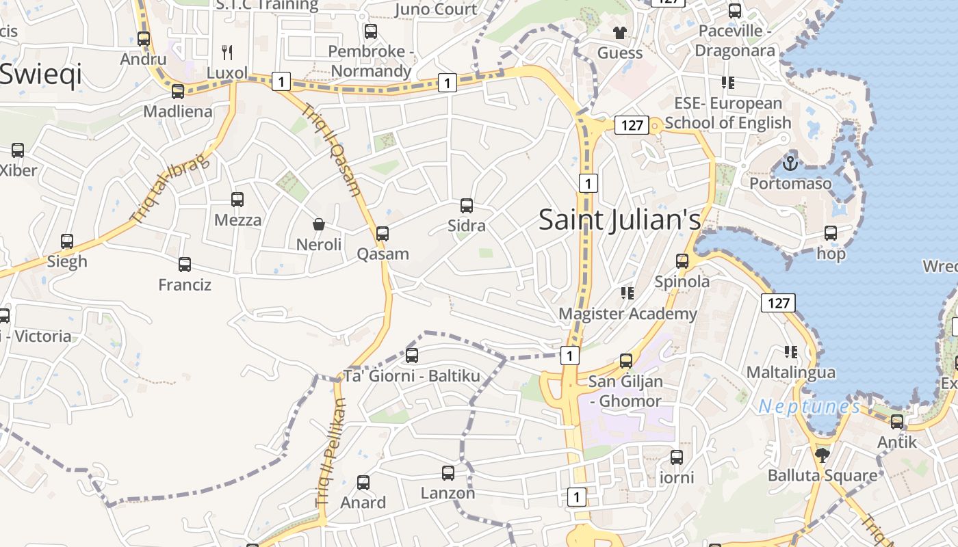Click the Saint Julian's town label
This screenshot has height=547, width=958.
619,220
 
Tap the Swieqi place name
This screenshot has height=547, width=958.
41,74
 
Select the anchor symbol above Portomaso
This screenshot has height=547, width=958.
790,163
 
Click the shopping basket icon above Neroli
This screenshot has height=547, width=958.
319,224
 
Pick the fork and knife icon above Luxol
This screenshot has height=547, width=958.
227,52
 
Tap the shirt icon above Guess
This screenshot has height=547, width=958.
620,32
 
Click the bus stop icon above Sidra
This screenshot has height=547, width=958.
467,205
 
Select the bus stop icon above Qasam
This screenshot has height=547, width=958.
383,233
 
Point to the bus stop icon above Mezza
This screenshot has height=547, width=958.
237,199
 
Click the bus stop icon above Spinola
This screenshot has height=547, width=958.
682,261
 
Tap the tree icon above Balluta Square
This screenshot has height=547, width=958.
823,455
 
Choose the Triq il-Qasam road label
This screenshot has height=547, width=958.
331,150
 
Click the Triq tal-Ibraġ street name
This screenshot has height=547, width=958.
169,187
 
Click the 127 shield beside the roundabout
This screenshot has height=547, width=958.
632,125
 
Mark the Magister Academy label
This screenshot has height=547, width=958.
627,314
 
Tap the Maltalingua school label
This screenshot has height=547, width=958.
790,373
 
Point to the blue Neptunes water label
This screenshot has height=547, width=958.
810,407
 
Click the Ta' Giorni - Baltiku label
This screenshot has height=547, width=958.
412,376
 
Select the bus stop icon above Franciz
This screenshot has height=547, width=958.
185,265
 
